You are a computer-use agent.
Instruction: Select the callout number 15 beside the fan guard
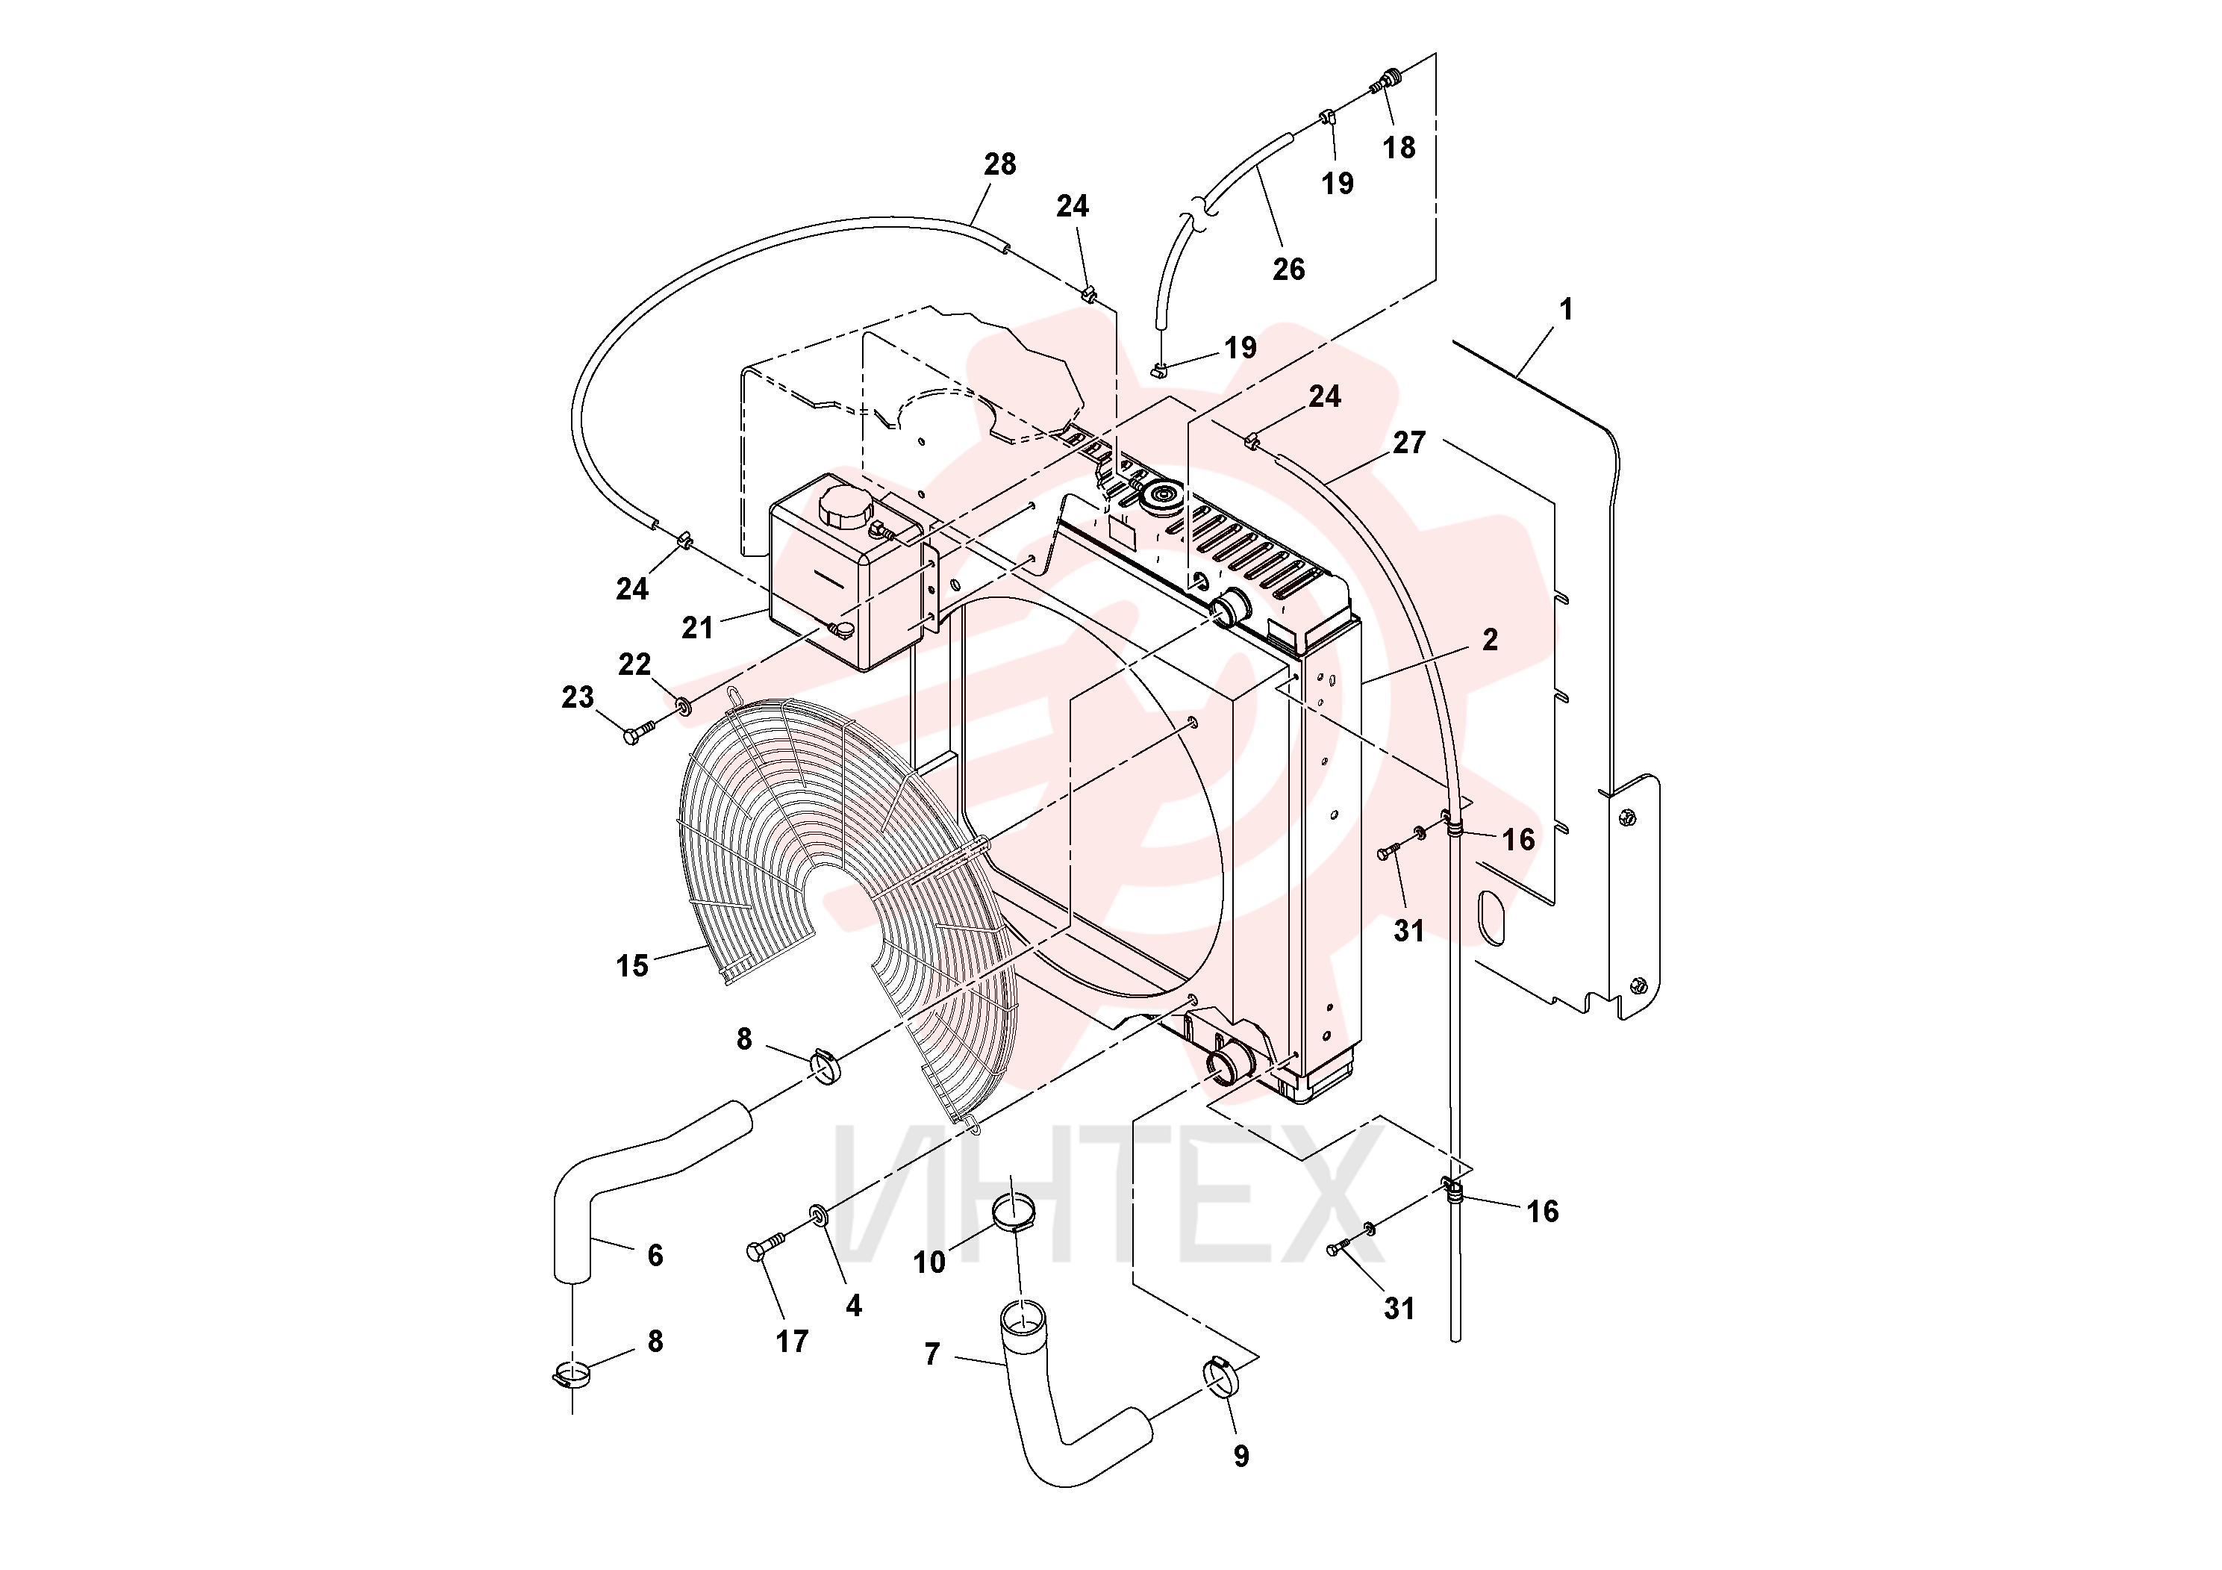click(x=632, y=965)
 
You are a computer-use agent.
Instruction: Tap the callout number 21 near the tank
click(x=697, y=628)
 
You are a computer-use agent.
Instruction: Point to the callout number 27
click(x=1409, y=443)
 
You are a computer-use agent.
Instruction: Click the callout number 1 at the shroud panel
click(x=1566, y=310)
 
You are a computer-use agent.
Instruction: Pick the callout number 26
click(x=1288, y=269)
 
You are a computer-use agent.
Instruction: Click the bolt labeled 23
click(x=639, y=735)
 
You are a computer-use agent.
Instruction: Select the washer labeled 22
click(x=684, y=706)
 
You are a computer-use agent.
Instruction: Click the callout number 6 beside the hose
click(x=655, y=1256)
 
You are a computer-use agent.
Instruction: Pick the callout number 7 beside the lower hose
click(x=932, y=1354)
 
